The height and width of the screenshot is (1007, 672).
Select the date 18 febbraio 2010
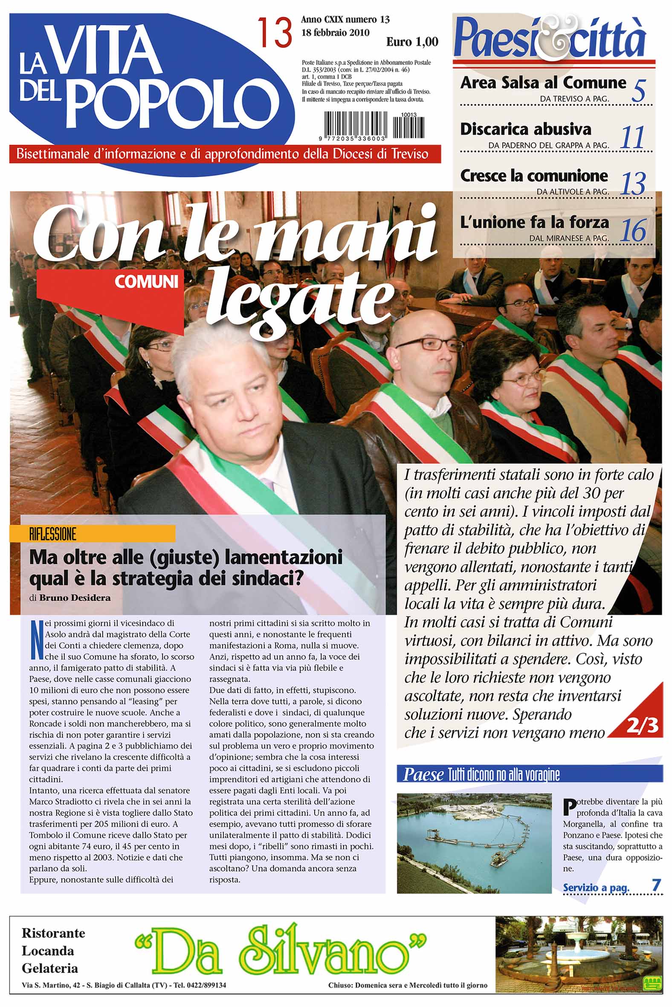335,32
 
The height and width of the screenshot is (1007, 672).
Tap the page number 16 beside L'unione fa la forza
633,230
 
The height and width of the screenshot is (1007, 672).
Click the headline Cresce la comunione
533,176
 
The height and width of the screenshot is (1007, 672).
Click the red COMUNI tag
146,281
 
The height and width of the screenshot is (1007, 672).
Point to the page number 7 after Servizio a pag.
656,886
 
